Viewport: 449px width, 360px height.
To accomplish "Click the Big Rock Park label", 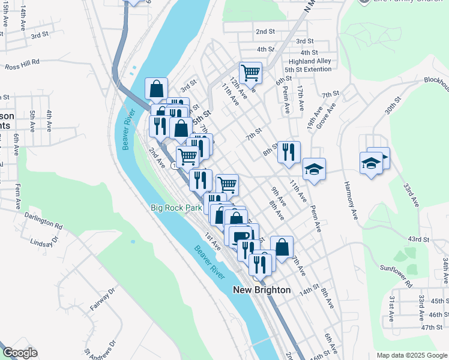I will pos(176,208).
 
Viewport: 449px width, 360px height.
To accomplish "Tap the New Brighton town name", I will pos(261,290).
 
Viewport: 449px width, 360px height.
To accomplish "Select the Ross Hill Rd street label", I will pos(22,62).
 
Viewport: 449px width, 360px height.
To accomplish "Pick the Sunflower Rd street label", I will pos(396,275).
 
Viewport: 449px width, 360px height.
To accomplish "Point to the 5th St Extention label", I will pos(308,70).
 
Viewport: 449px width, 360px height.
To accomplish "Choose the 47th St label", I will pos(431,327).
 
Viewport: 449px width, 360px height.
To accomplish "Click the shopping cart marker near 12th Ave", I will pos(250,73).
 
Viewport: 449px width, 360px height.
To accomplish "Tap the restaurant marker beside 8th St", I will pos(289,152).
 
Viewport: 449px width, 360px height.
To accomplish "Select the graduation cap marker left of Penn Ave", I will pos(314,169).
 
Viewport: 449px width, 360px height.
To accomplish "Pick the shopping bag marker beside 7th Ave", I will pos(282,246).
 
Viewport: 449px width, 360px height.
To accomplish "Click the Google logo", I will pos(20,353).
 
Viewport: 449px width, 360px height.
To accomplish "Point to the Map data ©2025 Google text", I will pos(411,355).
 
